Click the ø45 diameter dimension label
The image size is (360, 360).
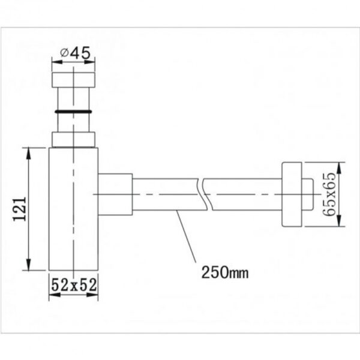coord(76,53)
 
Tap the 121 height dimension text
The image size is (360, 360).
coord(20,209)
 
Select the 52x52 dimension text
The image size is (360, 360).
coord(74,285)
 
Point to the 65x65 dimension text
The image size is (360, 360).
coord(329,194)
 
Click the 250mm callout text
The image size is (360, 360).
coord(225,272)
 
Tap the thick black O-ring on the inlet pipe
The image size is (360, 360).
coord(73,112)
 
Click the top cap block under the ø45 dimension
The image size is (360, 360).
coord(73,80)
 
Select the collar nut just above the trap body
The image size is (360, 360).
coord(73,139)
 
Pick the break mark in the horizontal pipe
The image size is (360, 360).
coord(205,194)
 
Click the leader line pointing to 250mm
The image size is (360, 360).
coord(186,236)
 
